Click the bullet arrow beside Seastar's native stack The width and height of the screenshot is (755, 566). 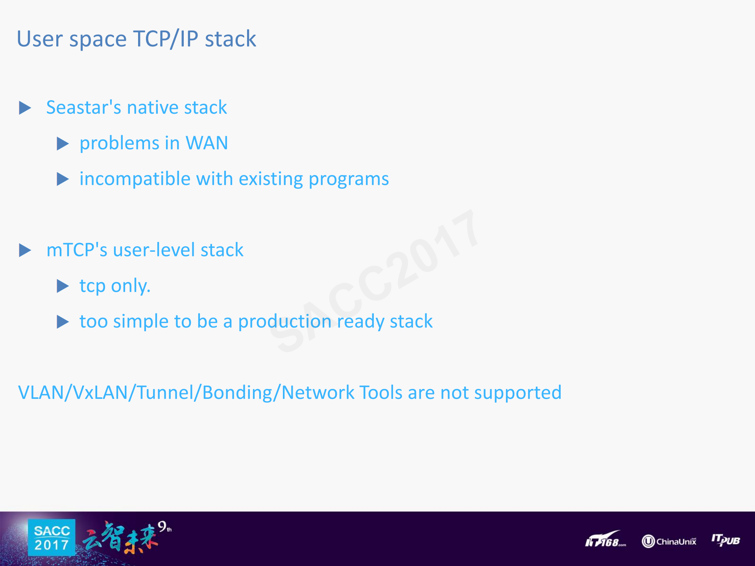tap(25, 108)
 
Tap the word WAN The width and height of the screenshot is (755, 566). tap(207, 143)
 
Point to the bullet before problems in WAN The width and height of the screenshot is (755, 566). tap(63, 144)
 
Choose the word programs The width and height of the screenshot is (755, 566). tap(349, 179)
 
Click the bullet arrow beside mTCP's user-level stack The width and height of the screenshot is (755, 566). tap(25, 250)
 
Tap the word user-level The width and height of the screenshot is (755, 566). tap(154, 250)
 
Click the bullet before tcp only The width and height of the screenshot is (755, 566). tap(63, 286)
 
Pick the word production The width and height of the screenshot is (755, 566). tap(285, 322)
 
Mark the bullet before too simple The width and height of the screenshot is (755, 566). tap(63, 322)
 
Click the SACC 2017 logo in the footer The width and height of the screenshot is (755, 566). tap(52, 538)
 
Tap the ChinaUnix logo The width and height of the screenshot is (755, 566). tap(669, 541)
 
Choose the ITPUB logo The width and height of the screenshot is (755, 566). tap(726, 540)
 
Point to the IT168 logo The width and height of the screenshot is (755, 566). tap(605, 539)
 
